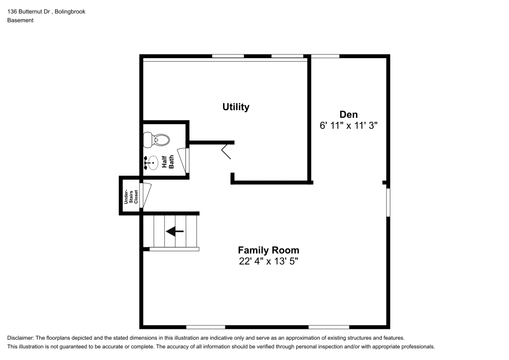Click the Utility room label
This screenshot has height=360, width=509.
tap(236, 107)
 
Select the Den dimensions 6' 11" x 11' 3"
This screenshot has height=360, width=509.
tap(349, 125)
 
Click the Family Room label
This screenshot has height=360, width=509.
tap(268, 250)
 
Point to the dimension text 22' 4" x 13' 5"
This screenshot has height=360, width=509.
tap(268, 261)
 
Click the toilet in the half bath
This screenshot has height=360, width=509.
tap(156, 139)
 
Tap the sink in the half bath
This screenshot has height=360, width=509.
tap(152, 162)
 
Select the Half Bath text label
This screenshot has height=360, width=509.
tap(167, 161)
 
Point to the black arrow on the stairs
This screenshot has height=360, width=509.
tap(175, 232)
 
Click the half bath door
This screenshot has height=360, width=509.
tap(183, 159)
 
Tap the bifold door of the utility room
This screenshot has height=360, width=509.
tap(227, 152)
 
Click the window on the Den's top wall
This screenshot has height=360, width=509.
tap(325, 56)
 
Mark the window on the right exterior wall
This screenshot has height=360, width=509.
tap(388, 203)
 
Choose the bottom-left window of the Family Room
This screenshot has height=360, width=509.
tap(206, 326)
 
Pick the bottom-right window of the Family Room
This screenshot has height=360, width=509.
tap(328, 326)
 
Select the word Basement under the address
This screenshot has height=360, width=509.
tap(20, 20)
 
